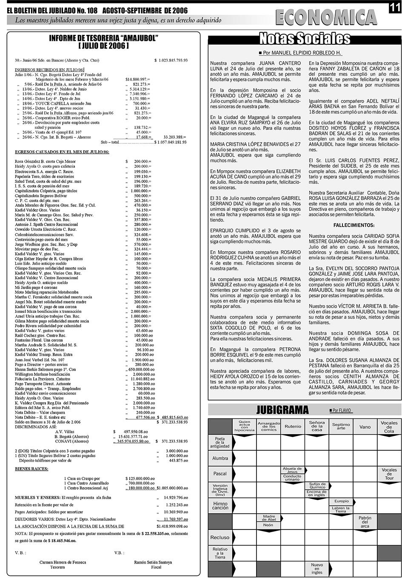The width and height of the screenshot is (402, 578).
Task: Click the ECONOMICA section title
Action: pos(326,17)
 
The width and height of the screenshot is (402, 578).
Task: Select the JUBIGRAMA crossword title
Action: pos(283,410)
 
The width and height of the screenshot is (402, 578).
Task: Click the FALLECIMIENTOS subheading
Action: pos(354,225)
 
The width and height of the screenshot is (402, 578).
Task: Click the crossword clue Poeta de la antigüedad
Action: pos(220,443)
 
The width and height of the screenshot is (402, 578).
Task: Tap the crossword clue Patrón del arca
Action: pos(365,522)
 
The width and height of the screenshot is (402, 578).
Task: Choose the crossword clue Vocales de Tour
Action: pos(389,474)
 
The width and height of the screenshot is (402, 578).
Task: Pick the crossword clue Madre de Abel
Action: pos(268,518)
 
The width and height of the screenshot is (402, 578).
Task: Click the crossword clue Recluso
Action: pos(220,538)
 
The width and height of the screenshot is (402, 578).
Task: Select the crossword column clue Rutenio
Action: pos(293,426)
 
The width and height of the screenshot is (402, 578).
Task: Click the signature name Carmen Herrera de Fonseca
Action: pos(63,562)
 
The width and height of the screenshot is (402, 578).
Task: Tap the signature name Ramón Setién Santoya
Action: pos(153,562)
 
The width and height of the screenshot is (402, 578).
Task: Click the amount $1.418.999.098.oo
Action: pos(171,526)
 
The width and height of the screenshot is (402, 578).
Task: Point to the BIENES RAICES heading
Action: pos(31,469)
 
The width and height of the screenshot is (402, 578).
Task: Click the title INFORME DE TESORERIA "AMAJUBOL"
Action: pos(104,38)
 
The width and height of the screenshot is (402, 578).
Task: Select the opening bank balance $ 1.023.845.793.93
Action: pos(171,60)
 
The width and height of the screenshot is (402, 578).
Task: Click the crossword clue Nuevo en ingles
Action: pos(316,569)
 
